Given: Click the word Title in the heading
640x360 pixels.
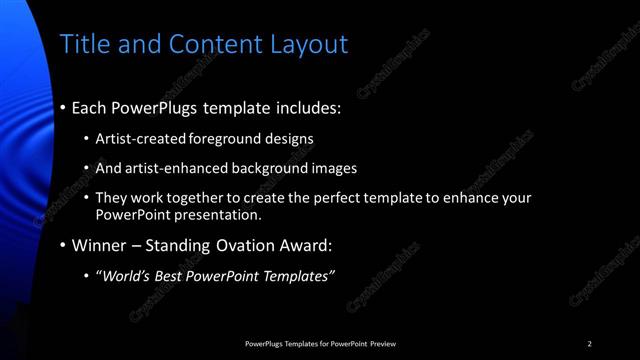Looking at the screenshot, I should [83, 44].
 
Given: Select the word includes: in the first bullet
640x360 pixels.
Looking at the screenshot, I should [302, 105].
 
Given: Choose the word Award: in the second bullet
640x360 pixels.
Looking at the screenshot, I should [307, 245].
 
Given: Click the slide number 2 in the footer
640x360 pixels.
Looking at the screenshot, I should [590, 344].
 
